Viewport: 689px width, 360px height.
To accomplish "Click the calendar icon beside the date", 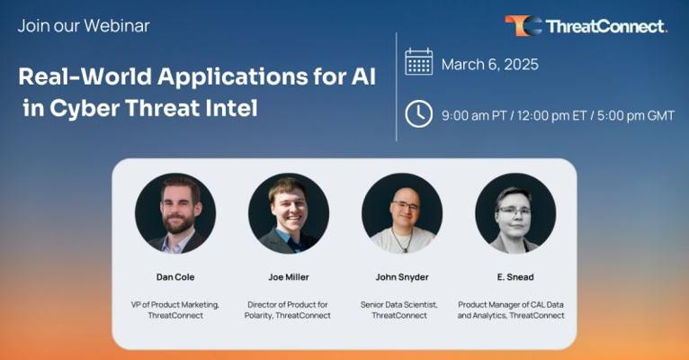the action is [418, 62].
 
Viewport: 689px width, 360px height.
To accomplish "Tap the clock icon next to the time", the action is [418, 113].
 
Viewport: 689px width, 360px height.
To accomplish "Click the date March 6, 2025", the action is [490, 65].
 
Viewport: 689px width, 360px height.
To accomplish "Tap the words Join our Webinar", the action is [84, 26].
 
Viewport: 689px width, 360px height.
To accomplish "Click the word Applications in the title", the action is [232, 77].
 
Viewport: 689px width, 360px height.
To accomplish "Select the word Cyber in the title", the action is [85, 109].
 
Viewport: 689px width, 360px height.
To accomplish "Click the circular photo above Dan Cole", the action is [175, 213].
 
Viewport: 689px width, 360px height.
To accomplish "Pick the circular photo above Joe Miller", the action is [289, 213].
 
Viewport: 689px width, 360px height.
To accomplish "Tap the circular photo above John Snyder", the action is [402, 213].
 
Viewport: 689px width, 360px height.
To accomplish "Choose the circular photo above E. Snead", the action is [515, 213].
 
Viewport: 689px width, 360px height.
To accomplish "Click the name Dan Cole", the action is [175, 277].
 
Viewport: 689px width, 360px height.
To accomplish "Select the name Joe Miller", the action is [289, 277].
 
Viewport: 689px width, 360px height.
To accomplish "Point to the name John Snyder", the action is [402, 277].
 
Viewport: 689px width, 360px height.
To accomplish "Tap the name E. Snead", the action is [515, 277].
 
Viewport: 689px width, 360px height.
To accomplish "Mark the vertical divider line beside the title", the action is [397, 87].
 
